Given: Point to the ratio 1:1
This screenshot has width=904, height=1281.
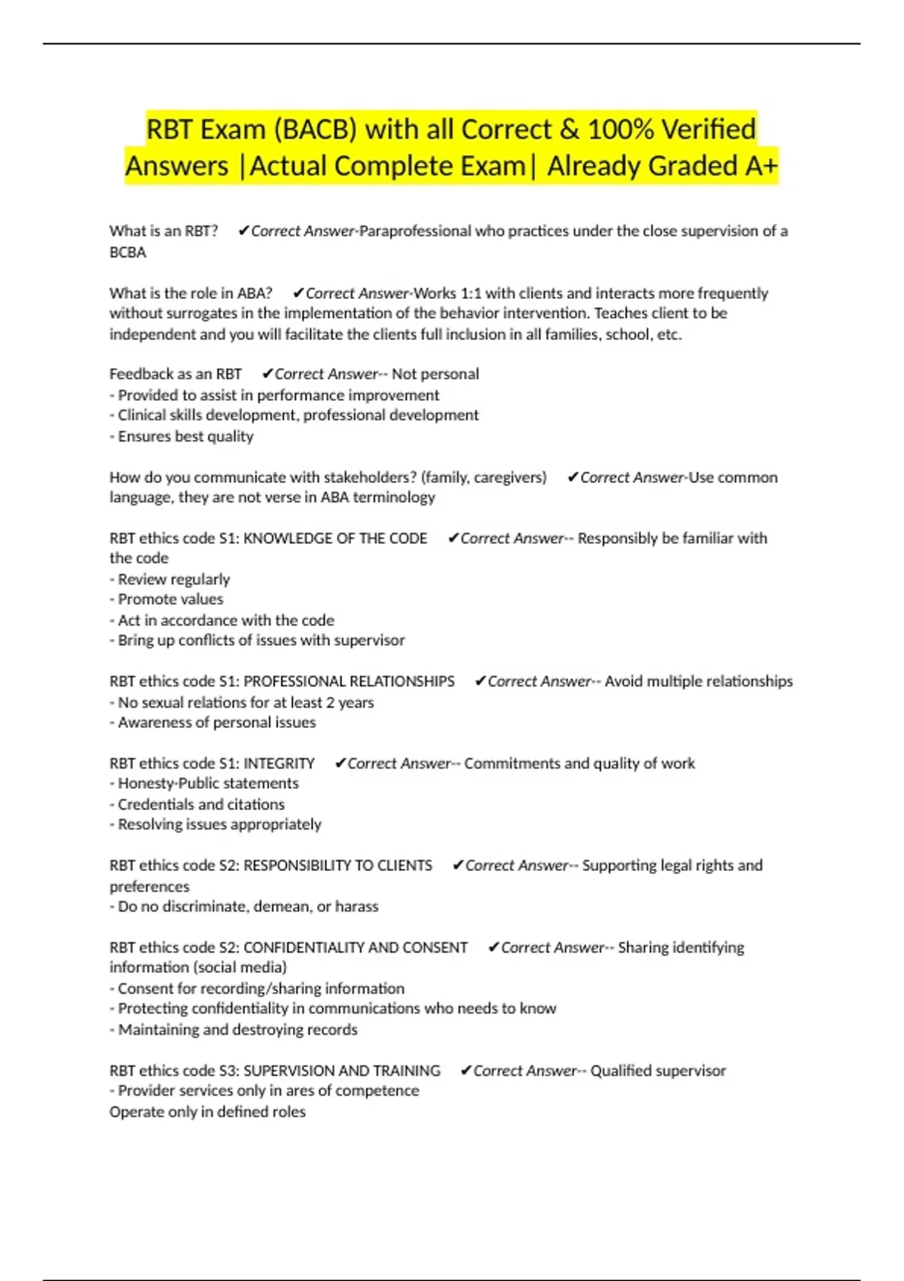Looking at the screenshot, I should pyautogui.click(x=471, y=293).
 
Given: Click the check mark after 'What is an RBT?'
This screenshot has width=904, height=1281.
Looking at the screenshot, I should pyautogui.click(x=243, y=231).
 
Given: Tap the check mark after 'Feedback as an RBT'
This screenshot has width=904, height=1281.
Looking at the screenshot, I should pyautogui.click(x=267, y=375).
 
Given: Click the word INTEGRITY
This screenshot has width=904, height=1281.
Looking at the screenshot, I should pyautogui.click(x=279, y=764).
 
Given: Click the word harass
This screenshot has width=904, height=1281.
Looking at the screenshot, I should pyautogui.click(x=356, y=907).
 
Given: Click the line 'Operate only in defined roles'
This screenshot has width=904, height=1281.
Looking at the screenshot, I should pyautogui.click(x=207, y=1112).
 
